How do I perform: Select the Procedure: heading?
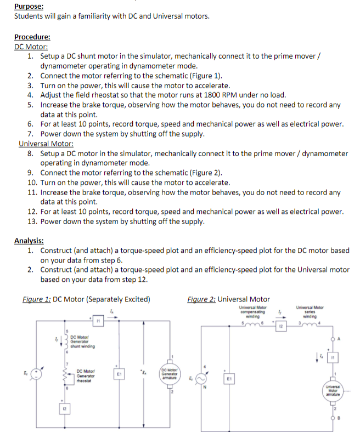click(x=32, y=37)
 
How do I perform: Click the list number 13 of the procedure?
click(x=32, y=221)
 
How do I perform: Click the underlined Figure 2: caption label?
click(x=201, y=299)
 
